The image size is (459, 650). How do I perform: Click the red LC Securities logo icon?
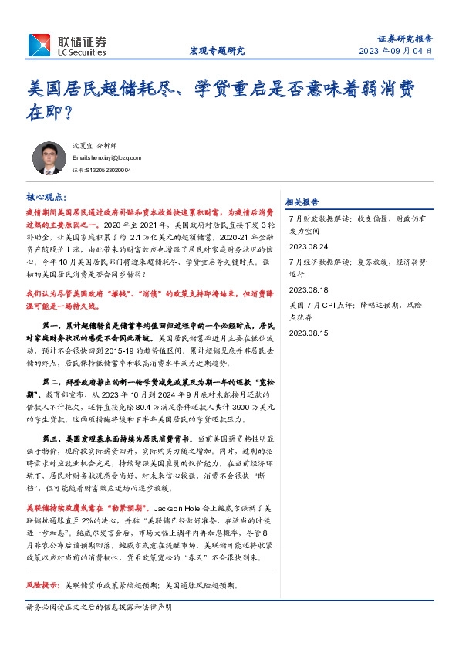coord(38,46)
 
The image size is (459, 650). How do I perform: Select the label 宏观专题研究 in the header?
coord(217,51)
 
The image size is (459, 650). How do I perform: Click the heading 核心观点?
coord(46,197)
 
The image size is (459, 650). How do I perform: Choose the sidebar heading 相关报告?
coord(302,201)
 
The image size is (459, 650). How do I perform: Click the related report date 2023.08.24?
coord(308,246)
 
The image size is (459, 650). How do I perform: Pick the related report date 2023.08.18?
coord(308,289)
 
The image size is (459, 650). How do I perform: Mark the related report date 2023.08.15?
coord(308,333)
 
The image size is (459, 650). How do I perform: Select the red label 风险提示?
coord(42,586)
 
